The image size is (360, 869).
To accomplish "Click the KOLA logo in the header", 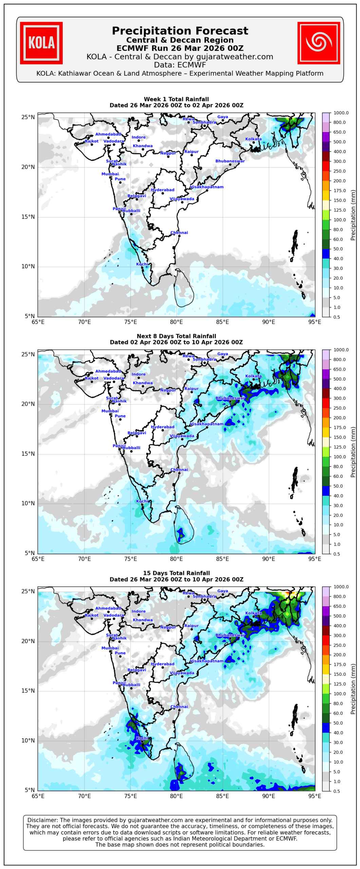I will tap(41, 43).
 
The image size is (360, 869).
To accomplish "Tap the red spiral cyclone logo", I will tap(318, 43).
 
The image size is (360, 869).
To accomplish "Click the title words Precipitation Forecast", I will tap(180, 31).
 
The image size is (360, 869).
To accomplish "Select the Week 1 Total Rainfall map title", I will tap(176, 99).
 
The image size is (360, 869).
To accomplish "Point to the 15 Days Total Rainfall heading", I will tap(176, 573).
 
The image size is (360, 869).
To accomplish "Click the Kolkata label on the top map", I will tap(253, 139).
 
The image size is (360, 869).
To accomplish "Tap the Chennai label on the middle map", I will tap(179, 469).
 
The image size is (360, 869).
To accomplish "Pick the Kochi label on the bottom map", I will tap(142, 738).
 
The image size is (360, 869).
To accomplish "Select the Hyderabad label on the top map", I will tap(163, 190).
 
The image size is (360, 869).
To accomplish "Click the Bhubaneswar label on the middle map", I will tap(230, 398).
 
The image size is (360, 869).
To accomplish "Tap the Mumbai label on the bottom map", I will tap(110, 648).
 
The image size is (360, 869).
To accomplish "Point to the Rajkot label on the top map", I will tap(92, 141).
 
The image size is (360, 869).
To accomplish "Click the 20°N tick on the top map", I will tap(28, 167).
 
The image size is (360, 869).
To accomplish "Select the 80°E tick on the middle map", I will tap(176, 559).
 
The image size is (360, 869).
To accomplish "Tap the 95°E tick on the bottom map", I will tap(315, 796).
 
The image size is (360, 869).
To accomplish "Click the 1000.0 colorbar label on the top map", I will tap(341, 113).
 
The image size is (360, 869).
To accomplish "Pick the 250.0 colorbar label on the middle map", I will tap(339, 408).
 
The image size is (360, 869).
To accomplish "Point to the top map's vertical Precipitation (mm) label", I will tap(353, 215).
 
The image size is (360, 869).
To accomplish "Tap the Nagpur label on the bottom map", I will tap(168, 627).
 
